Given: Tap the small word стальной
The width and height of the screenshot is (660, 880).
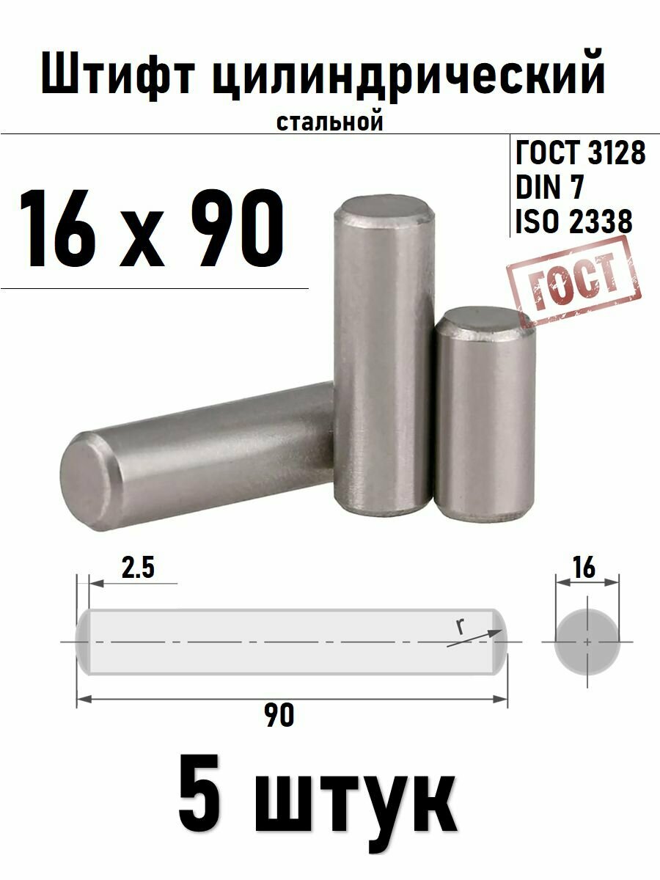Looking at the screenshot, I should [330, 122].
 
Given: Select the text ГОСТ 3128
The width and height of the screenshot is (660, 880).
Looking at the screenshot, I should [580, 154].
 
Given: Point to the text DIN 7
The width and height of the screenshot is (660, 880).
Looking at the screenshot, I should [549, 188].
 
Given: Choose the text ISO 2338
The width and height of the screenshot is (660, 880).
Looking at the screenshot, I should [573, 221].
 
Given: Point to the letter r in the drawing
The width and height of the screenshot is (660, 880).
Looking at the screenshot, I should [460, 627].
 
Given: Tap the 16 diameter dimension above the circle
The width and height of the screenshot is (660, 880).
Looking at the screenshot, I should [586, 567].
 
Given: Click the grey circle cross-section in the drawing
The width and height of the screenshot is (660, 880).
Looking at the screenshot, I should [587, 640].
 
